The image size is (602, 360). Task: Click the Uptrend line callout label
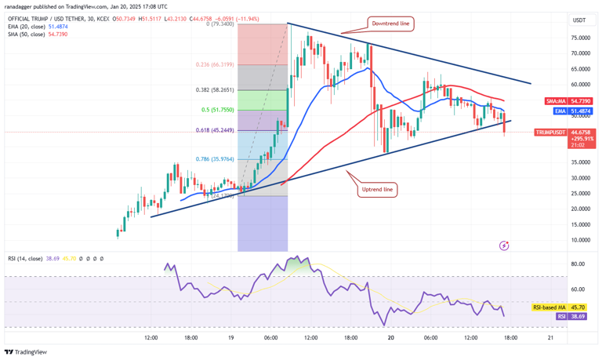click(x=378, y=190)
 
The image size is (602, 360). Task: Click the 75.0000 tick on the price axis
click(x=581, y=38)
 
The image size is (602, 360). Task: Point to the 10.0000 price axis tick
click(x=581, y=240)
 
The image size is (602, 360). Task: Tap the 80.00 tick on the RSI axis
click(x=578, y=264)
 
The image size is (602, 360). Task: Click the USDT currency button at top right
click(x=580, y=20)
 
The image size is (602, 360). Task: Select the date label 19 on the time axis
click(x=231, y=337)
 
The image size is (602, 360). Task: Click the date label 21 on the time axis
click(x=551, y=337)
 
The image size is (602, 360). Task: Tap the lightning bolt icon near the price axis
click(x=504, y=245)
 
